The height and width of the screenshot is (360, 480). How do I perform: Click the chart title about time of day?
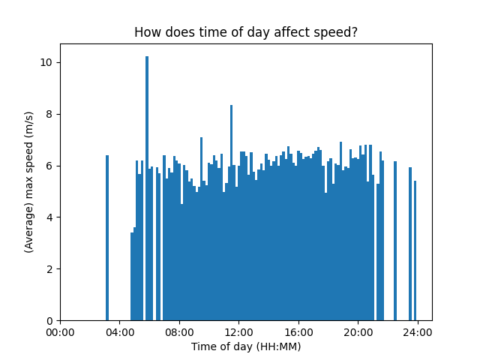point(245,32)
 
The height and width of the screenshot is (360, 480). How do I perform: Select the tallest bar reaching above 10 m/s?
point(147,187)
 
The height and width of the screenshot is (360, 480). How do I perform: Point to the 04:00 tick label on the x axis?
point(119,332)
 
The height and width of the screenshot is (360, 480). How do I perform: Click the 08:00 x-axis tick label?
point(178,332)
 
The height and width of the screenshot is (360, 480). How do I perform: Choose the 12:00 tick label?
point(238,332)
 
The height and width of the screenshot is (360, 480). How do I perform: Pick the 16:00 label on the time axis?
point(298,332)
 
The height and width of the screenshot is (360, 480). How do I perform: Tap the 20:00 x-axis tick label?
point(357,332)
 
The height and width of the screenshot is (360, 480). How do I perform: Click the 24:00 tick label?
point(417,332)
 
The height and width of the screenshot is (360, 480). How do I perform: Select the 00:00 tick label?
point(60,332)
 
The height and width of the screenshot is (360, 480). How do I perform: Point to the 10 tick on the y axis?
point(46,62)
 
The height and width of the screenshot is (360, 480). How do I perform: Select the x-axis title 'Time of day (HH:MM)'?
point(245,346)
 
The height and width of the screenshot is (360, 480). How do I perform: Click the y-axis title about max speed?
point(29,181)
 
